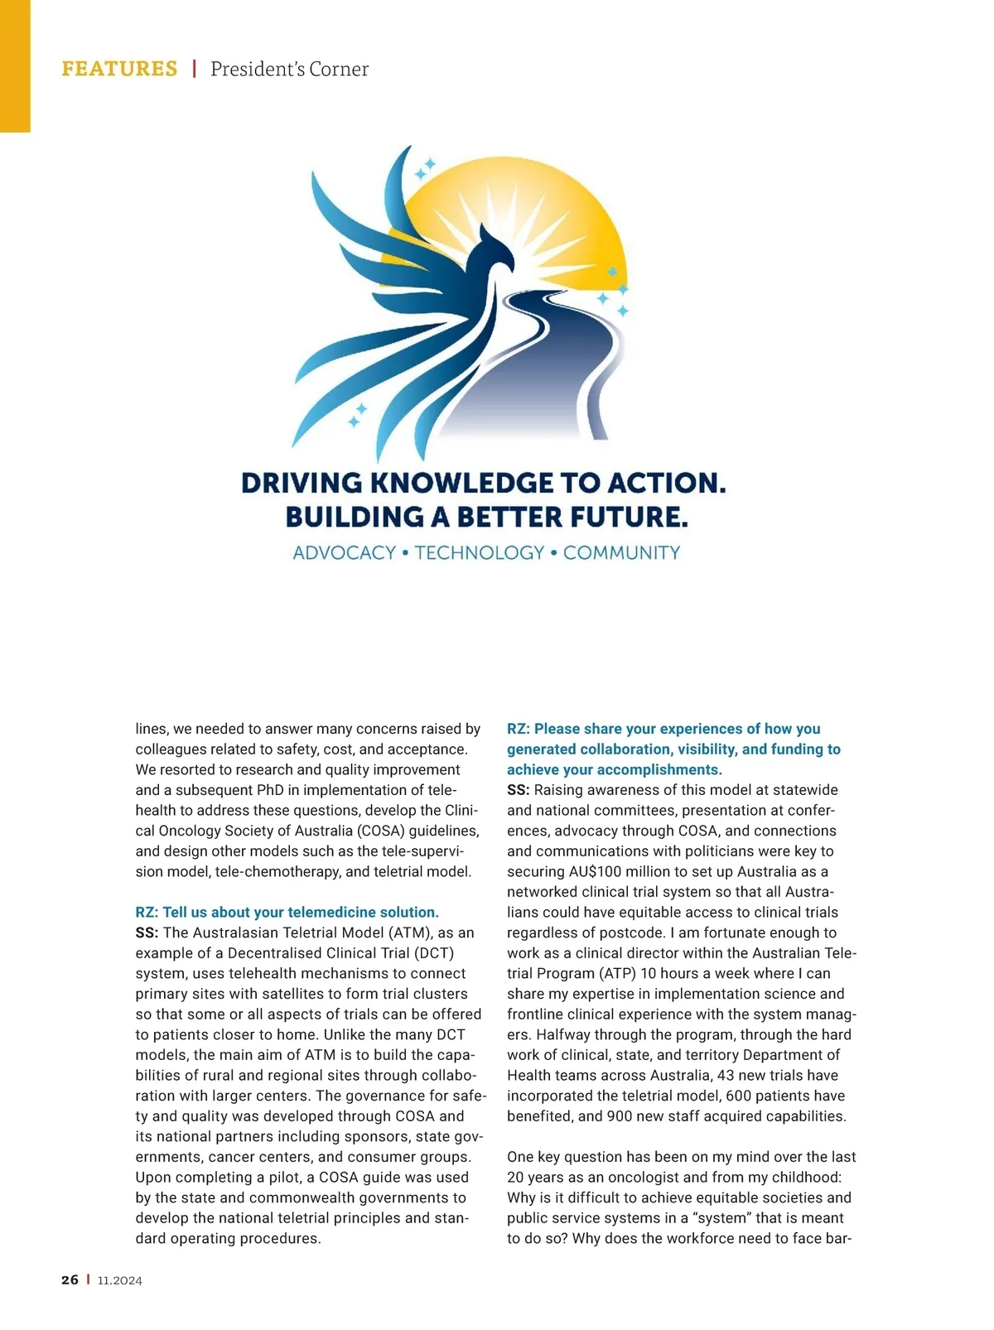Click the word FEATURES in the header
tap(119, 69)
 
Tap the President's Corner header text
tap(289, 69)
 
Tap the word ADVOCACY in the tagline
tap(344, 553)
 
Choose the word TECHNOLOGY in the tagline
tap(479, 553)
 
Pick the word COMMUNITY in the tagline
tap(621, 553)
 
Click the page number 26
tap(70, 1280)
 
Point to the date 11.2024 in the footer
tap(120, 1280)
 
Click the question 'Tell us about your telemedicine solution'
tap(287, 913)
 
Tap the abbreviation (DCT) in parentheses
tap(434, 953)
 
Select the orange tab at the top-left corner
tap(15, 66)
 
